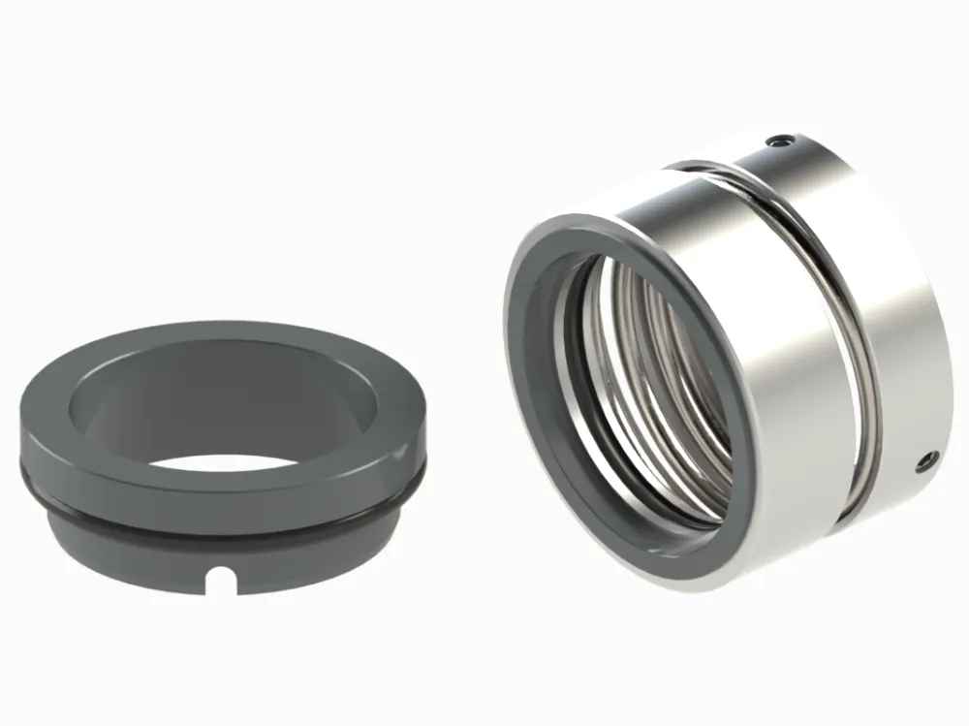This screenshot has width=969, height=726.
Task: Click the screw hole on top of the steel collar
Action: [774, 142]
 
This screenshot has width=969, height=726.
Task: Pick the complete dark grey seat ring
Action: [222, 456]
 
